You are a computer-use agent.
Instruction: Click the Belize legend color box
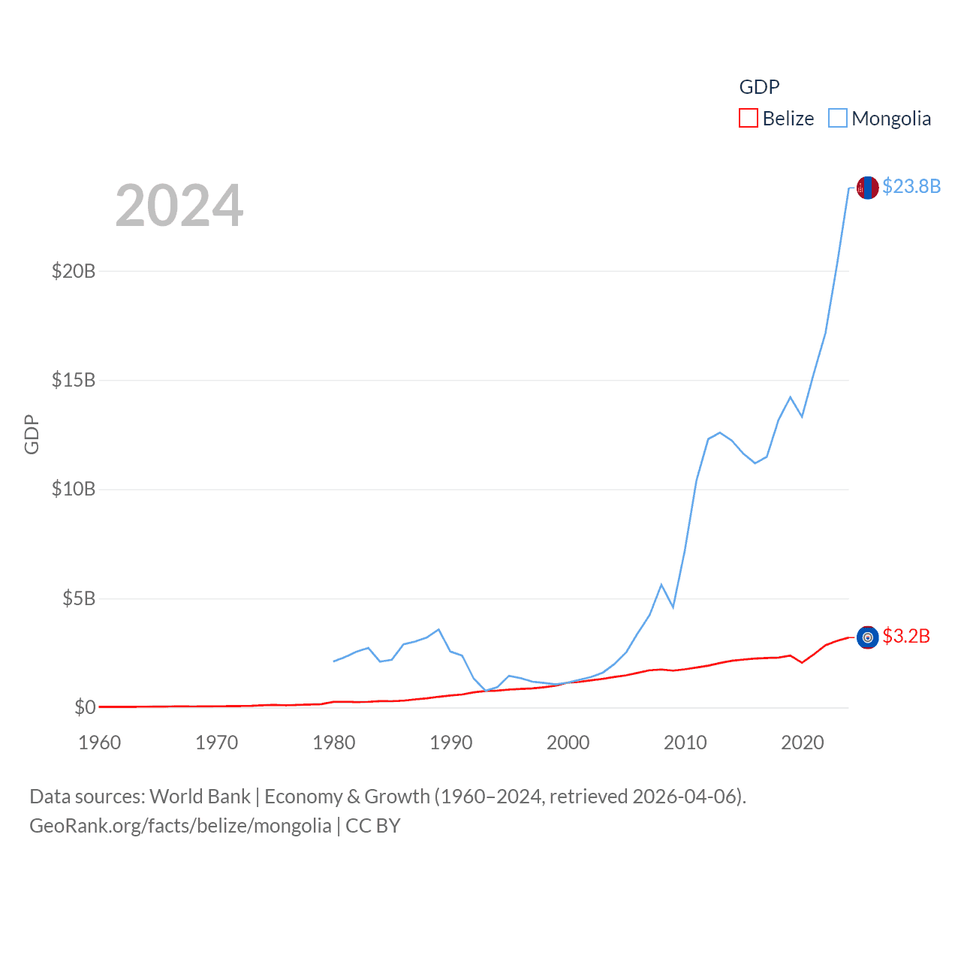pyautogui.click(x=749, y=119)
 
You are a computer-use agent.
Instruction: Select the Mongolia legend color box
pyautogui.click(x=838, y=119)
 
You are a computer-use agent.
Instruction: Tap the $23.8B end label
pyautogui.click(x=911, y=186)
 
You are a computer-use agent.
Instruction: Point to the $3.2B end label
pyautogui.click(x=906, y=637)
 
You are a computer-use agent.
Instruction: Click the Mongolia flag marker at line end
pyautogui.click(x=868, y=188)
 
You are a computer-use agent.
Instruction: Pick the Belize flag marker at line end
pyautogui.click(x=868, y=637)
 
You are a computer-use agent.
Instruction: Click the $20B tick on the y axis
pyautogui.click(x=74, y=271)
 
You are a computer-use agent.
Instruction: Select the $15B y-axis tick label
pyautogui.click(x=74, y=380)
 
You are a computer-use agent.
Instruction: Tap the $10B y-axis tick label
pyautogui.click(x=74, y=490)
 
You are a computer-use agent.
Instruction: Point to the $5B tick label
pyautogui.click(x=79, y=598)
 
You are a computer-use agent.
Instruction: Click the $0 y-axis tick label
pyautogui.click(x=85, y=707)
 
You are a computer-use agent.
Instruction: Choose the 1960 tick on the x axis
pyautogui.click(x=100, y=743)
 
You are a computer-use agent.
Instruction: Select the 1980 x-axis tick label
pyautogui.click(x=334, y=743)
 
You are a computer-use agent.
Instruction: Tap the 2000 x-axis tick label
pyautogui.click(x=568, y=743)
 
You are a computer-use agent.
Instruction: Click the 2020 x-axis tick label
pyautogui.click(x=803, y=743)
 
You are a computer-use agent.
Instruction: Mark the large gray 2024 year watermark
pyautogui.click(x=179, y=206)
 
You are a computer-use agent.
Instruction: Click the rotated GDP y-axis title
pyautogui.click(x=32, y=434)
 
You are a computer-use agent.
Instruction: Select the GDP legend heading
pyautogui.click(x=759, y=87)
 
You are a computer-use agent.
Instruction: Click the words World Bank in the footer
pyautogui.click(x=200, y=797)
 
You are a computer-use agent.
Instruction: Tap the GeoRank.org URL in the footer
pyautogui.click(x=180, y=826)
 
